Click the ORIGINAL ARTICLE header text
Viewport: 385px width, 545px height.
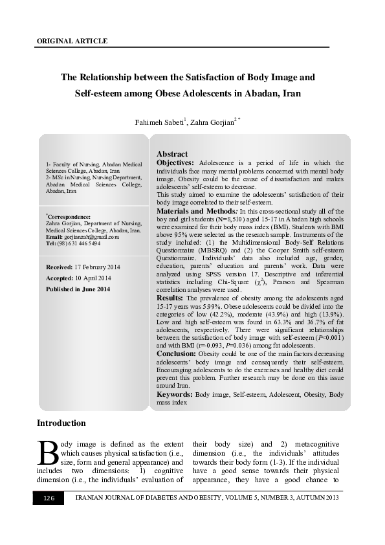(71, 41)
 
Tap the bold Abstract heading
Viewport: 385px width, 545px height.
(172, 153)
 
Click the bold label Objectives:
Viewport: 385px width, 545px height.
(175, 162)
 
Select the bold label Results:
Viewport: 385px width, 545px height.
(170, 297)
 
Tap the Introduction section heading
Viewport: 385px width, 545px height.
(61, 423)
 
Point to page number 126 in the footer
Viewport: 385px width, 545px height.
(49, 498)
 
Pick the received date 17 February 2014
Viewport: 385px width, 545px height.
(96, 267)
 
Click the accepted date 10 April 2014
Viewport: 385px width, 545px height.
(93, 278)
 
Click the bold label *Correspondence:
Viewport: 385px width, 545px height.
(69, 217)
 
